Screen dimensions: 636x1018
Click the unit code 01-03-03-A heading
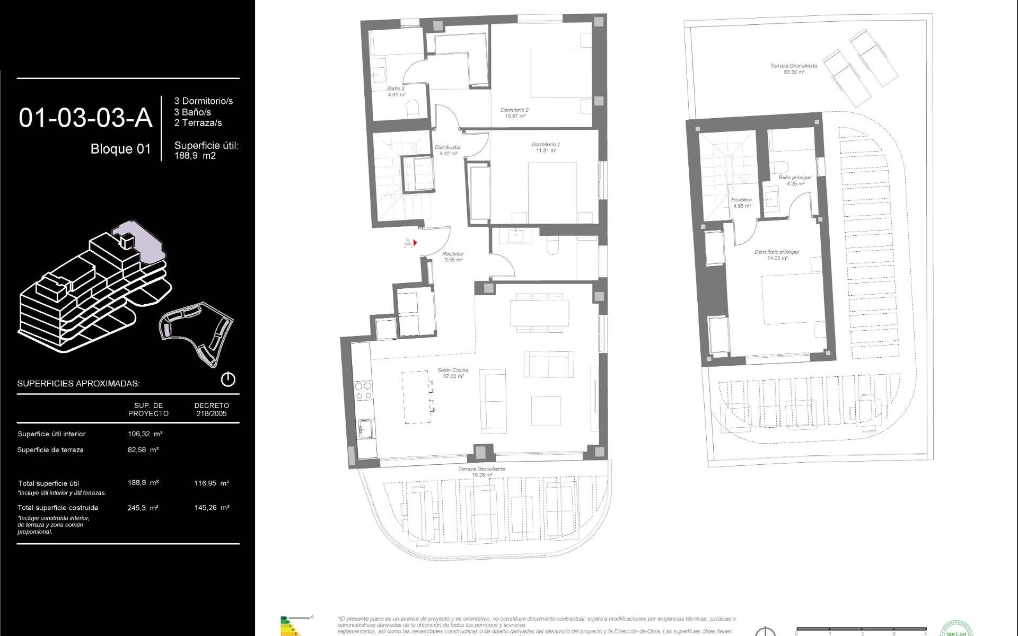click(85, 118)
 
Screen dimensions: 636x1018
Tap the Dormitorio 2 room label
click(514, 113)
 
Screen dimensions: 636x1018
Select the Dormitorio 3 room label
click(546, 147)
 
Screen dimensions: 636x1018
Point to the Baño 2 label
click(397, 92)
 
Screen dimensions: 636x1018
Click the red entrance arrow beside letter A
click(415, 243)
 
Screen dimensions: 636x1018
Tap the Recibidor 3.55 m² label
click(453, 257)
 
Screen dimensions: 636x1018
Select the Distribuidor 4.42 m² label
click(448, 151)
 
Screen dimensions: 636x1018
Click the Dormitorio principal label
click(777, 255)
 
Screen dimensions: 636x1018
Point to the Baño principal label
click(795, 181)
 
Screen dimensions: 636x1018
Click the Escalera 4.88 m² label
click(741, 202)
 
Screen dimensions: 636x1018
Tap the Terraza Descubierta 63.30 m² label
click(793, 69)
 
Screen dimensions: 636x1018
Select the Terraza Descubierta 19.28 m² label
click(481, 472)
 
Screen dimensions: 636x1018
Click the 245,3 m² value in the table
click(143, 508)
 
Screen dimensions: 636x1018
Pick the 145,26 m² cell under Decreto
click(212, 508)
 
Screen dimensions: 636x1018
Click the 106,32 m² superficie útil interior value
click(145, 434)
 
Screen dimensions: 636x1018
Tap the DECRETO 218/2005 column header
click(212, 409)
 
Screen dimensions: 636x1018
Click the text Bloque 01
click(120, 149)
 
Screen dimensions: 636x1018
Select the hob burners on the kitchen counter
click(363, 390)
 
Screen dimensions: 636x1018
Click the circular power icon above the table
click(227, 379)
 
